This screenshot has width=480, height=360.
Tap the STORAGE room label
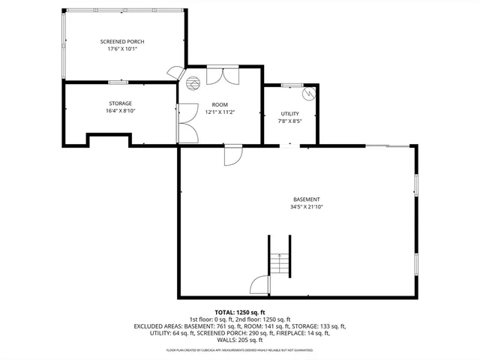point(120,103)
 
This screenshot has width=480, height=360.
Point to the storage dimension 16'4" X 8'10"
point(120,111)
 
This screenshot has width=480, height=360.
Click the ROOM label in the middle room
point(219,105)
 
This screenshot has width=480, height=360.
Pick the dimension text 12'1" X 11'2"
point(219,112)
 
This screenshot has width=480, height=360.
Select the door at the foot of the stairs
point(259,286)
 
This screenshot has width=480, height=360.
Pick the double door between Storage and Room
point(185,124)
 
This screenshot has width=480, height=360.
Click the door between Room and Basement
point(232,155)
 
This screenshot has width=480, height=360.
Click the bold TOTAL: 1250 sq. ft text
point(239,311)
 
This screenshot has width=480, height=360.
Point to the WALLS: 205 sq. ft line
point(239,341)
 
